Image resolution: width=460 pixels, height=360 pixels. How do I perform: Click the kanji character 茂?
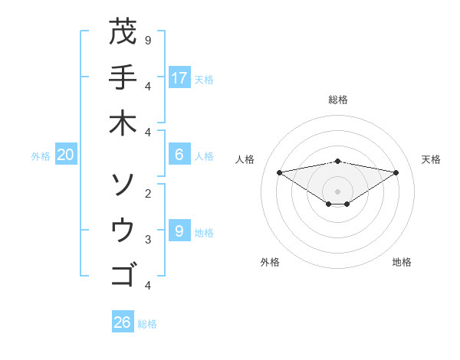[123, 31]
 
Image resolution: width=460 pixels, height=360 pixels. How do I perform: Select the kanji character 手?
[123, 77]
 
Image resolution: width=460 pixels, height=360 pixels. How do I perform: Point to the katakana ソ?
[123, 185]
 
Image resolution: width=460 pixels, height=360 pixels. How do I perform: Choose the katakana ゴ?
[123, 274]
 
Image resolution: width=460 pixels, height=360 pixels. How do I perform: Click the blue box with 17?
[179, 77]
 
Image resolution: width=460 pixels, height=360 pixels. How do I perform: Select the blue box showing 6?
[179, 155]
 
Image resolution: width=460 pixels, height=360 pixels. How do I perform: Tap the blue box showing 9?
[179, 231]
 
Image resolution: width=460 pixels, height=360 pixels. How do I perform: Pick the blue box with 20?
[66, 155]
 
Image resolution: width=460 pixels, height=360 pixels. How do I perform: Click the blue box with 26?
[123, 322]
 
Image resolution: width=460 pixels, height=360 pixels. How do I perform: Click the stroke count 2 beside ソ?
[148, 193]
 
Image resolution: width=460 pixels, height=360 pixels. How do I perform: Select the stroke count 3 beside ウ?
[148, 240]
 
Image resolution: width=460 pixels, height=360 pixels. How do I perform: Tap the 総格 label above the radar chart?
[338, 100]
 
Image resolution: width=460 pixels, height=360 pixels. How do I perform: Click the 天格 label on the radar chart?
[431, 159]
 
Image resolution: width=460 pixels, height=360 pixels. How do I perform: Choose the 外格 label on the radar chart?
[270, 262]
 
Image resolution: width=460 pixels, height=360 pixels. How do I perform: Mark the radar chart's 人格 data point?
[279, 172]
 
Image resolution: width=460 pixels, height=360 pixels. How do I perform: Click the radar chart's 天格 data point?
[396, 172]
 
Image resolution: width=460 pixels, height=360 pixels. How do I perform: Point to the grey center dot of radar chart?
[338, 191]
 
